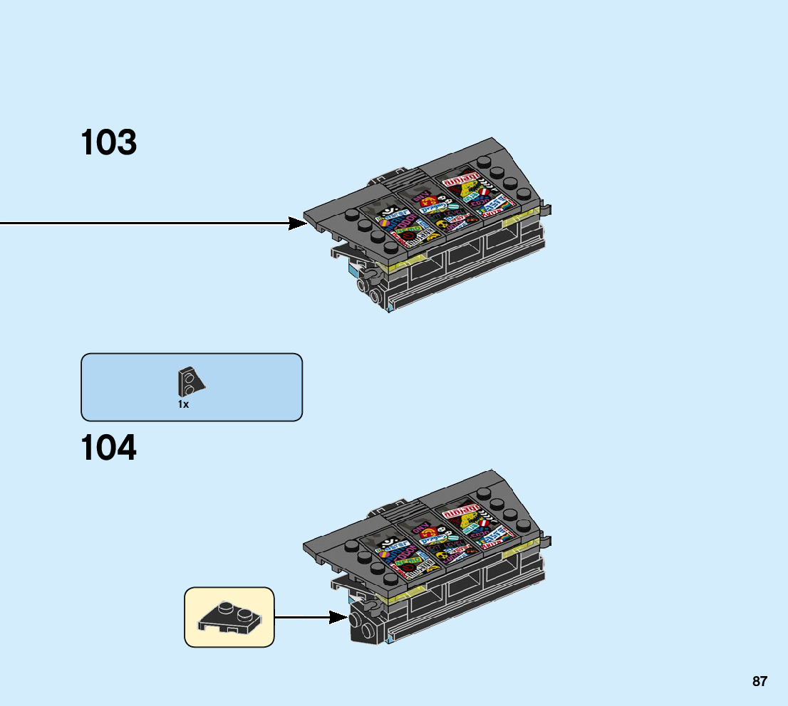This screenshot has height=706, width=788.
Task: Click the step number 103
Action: point(108,142)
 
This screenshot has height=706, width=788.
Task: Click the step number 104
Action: point(108,448)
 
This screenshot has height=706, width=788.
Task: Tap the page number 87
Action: point(760,681)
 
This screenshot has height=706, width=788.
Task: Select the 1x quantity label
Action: point(183,404)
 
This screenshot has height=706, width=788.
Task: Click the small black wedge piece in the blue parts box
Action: point(190,382)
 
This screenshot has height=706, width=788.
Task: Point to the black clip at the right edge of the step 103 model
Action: point(546,209)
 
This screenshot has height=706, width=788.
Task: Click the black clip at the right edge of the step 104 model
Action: point(546,542)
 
